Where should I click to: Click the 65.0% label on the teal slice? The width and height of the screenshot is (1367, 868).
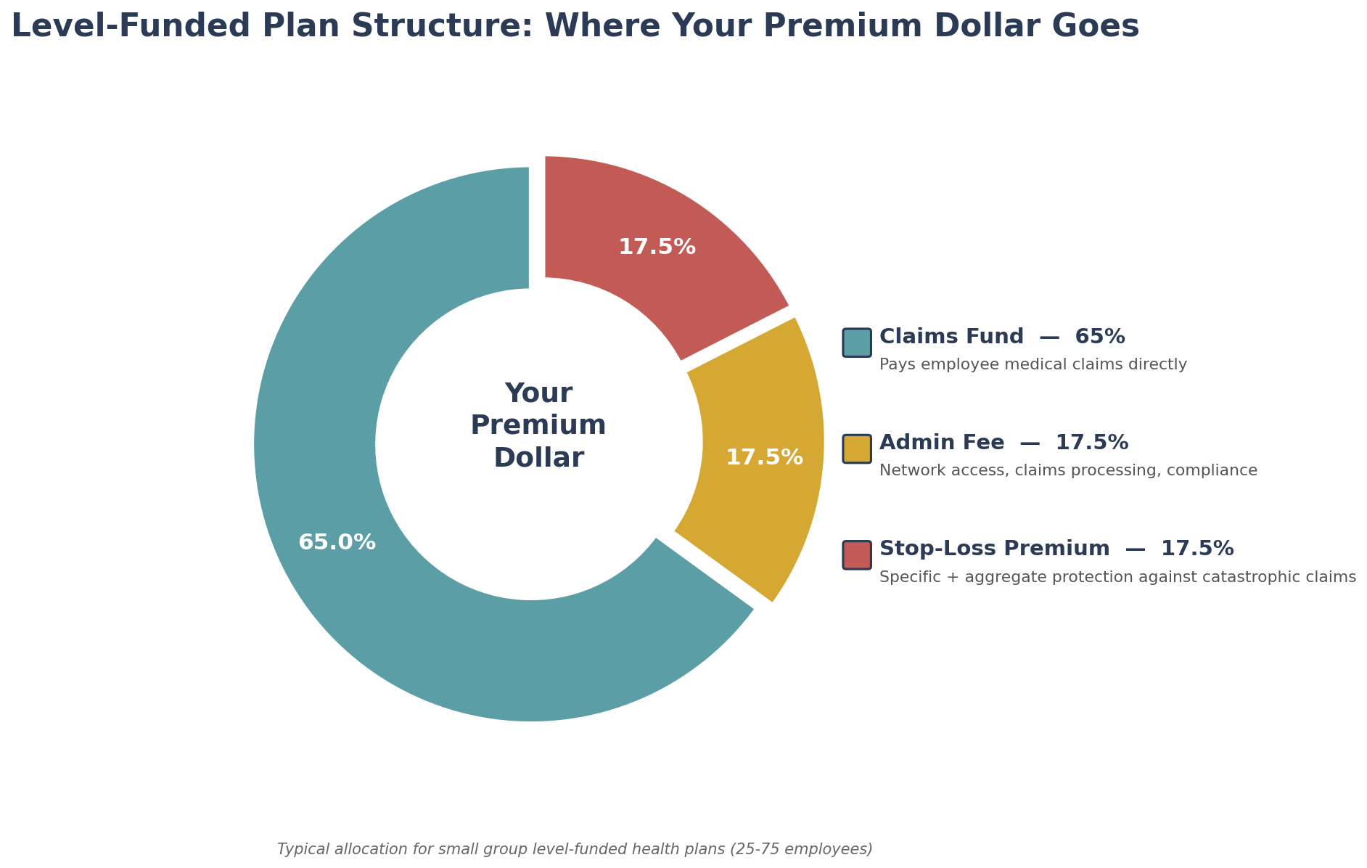pos(337,543)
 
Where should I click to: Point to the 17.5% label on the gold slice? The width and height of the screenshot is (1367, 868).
pos(764,458)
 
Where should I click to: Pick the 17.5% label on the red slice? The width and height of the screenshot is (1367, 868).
pos(657,247)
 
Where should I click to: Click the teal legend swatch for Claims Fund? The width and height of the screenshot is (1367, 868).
pos(856,343)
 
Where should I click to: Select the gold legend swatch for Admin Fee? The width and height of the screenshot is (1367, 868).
pos(856,449)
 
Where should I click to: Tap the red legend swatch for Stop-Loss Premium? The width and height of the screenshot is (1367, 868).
pos(856,554)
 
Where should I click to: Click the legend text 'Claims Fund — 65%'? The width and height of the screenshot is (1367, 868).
pos(1001,337)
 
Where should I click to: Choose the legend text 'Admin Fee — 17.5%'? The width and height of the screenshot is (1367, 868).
pos(1003,443)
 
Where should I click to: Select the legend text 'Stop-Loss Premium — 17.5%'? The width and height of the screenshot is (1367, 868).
pos(1056,549)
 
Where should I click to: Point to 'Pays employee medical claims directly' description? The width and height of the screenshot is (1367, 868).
pos(1033,365)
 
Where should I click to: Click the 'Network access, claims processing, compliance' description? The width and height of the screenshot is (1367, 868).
pos(1068,471)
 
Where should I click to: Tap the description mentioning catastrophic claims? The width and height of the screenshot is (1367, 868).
pos(1117,578)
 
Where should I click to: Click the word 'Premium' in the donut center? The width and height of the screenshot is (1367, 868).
pos(538,425)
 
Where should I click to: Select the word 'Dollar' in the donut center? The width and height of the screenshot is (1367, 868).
pos(538,458)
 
